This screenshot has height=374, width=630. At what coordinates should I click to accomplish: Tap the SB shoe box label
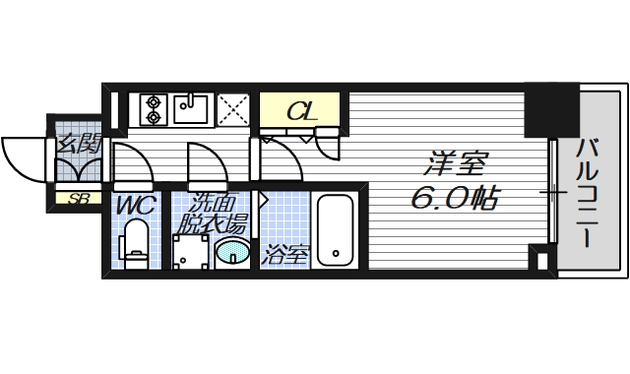pyautogui.click(x=75, y=199)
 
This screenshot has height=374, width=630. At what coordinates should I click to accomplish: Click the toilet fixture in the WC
pyautogui.click(x=135, y=242)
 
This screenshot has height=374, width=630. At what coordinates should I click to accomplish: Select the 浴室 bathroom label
pyautogui.click(x=285, y=257)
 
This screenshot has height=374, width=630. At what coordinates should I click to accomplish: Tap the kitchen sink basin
pyautogui.click(x=190, y=107)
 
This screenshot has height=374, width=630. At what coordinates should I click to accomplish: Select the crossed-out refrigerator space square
pyautogui.click(x=233, y=108)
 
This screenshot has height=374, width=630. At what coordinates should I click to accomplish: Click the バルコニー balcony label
pyautogui.click(x=589, y=193)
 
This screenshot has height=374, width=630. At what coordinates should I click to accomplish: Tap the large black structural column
pyautogui.click(x=550, y=111)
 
